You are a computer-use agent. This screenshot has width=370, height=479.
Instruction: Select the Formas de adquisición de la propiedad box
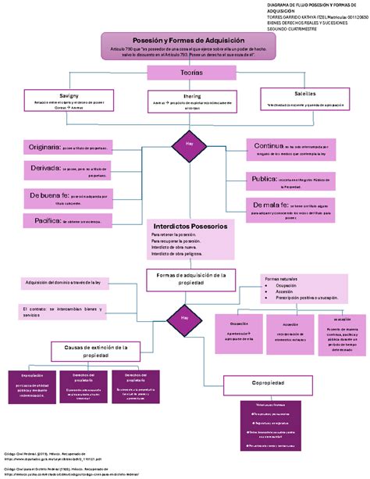tap(190, 279)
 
